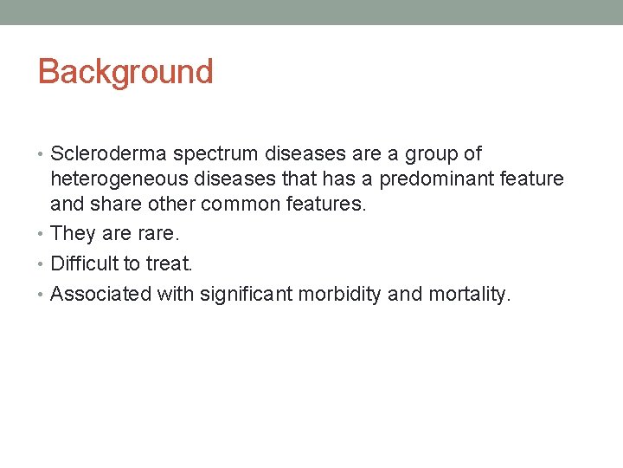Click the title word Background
(125, 72)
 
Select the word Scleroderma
(109, 154)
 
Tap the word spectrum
(214, 154)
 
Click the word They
(73, 233)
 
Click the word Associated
(100, 294)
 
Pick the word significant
(246, 294)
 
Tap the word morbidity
(339, 294)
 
